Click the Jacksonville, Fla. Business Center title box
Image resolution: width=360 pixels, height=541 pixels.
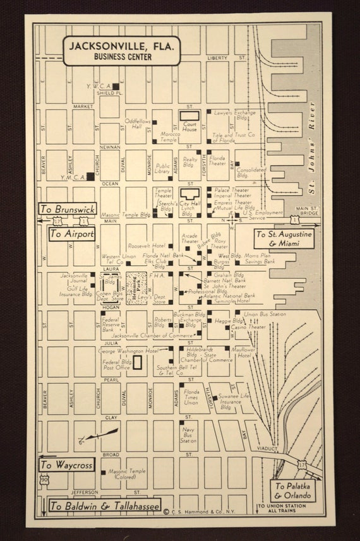point(122,51)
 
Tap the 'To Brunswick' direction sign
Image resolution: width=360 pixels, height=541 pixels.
point(67,209)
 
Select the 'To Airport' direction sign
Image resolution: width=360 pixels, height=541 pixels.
point(72,234)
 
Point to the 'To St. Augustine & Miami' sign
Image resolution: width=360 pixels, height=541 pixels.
point(284,239)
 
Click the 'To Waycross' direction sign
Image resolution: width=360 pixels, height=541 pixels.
point(66,465)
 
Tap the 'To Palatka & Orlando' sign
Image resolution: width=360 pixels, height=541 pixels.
point(293,490)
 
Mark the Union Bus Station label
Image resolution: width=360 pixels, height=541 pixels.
point(265,314)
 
